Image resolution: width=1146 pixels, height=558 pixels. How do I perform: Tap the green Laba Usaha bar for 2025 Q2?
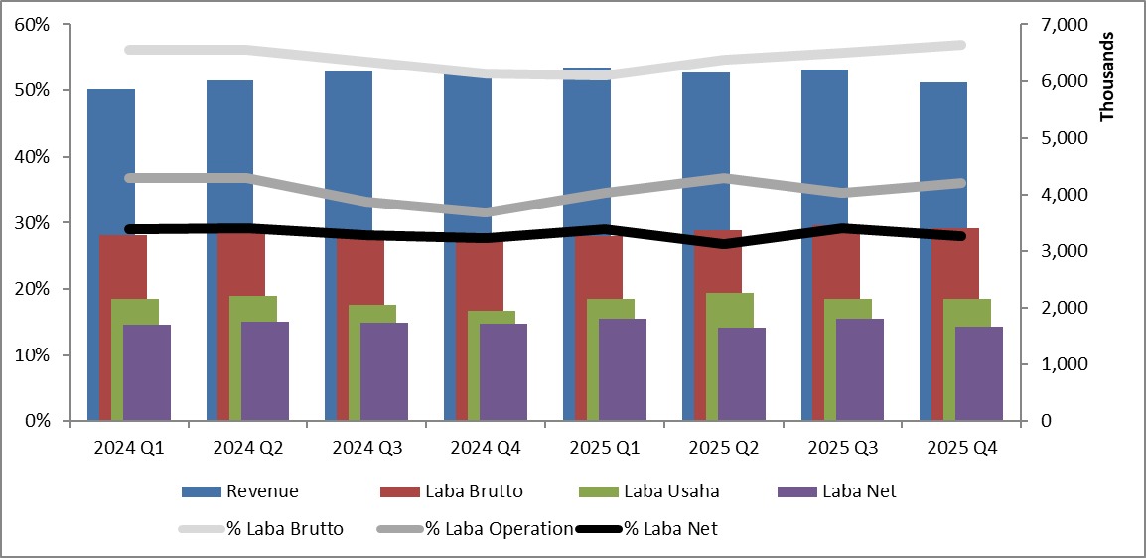coord(730,308)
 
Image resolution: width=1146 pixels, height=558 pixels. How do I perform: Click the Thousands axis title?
coord(1109,76)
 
